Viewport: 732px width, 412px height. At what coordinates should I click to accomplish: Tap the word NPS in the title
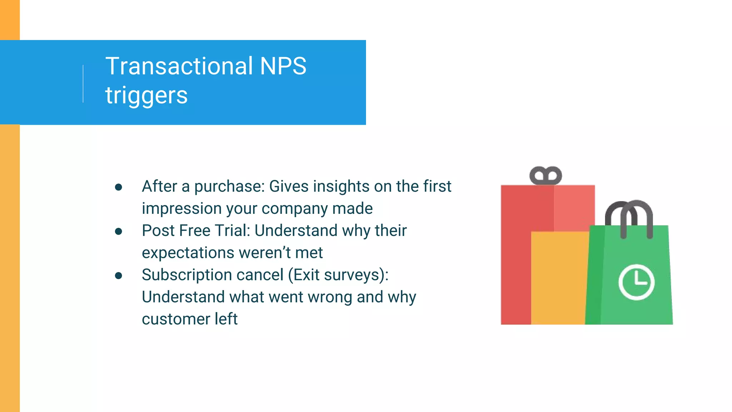click(x=283, y=67)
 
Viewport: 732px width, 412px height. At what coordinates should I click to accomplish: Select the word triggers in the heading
click(x=146, y=96)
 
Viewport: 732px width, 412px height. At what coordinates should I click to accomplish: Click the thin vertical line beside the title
click(x=83, y=84)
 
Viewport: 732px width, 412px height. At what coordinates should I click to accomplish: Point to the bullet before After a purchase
click(x=119, y=187)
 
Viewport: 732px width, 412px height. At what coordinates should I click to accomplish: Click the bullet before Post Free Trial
click(x=119, y=231)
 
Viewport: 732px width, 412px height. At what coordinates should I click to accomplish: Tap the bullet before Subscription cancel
click(x=119, y=276)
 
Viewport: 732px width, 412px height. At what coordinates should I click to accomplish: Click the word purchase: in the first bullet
click(x=229, y=187)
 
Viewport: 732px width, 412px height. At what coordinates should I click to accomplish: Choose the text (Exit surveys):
click(x=338, y=275)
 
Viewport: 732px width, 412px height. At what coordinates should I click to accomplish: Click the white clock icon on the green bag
click(x=636, y=282)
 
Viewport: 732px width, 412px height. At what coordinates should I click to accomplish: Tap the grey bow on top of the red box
click(x=545, y=176)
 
